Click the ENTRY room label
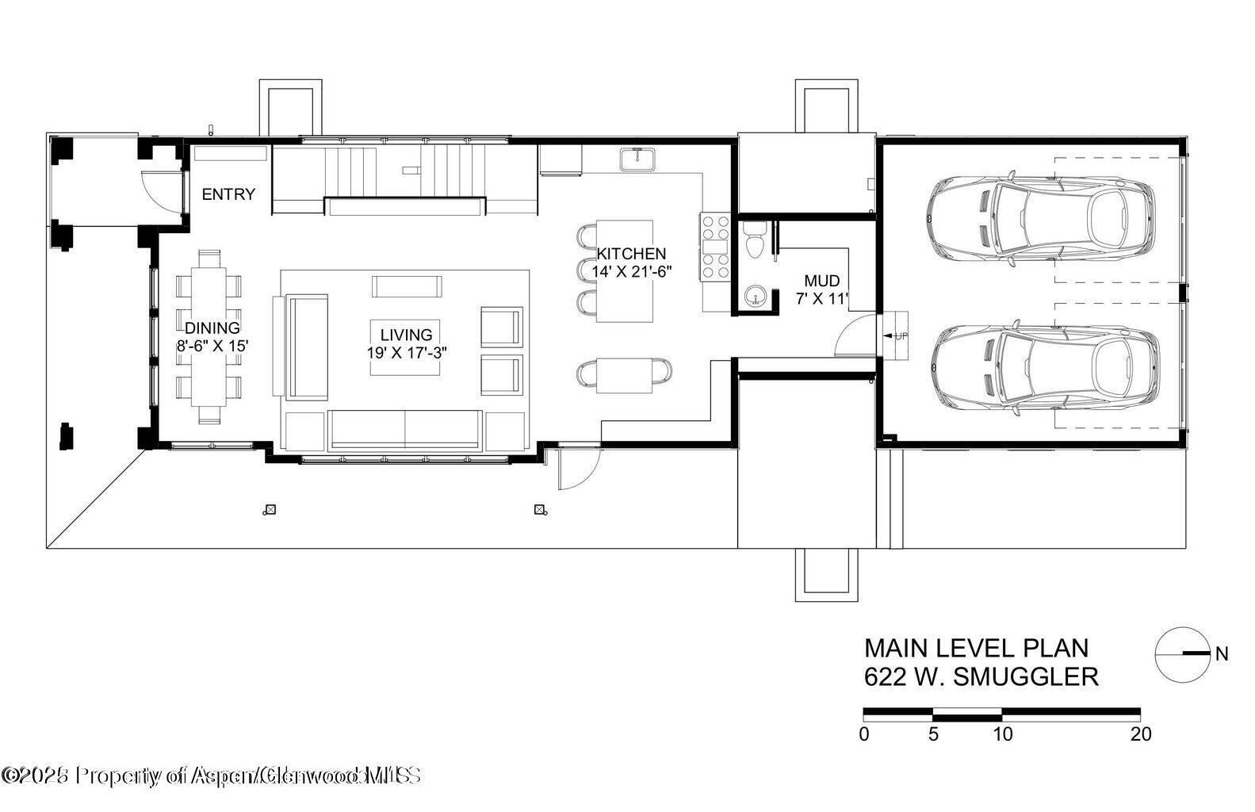tap(228, 194)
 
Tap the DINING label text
tap(212, 328)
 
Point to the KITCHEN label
tap(631, 254)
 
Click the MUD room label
tap(821, 282)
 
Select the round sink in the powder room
tap(752, 296)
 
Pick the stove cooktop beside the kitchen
tap(714, 247)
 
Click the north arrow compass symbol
tap(1184, 654)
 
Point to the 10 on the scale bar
tap(1003, 734)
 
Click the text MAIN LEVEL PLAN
tap(976, 648)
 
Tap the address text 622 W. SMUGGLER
tap(981, 677)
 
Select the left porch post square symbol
tap(270, 510)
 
